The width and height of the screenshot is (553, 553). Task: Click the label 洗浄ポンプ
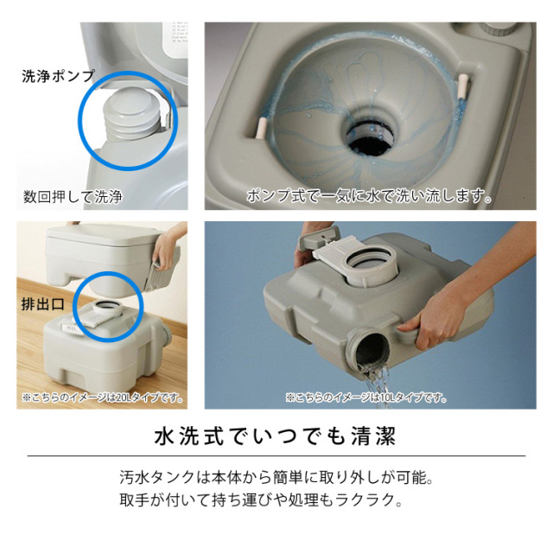pos(58,76)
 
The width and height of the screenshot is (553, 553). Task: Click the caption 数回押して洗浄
pos(73,196)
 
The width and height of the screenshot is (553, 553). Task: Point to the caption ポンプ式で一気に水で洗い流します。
pos(369,196)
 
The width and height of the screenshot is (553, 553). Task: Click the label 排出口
pos(42,305)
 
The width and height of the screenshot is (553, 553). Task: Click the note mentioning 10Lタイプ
pos(366,397)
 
